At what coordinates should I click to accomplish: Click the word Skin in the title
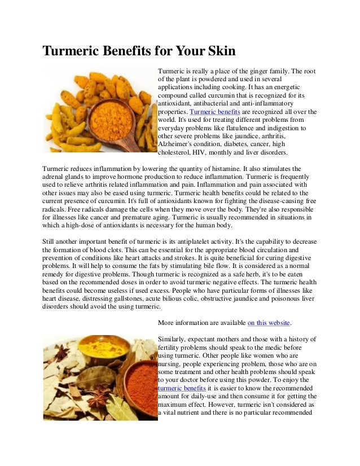[217, 52]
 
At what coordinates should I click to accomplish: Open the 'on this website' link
[269, 323]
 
